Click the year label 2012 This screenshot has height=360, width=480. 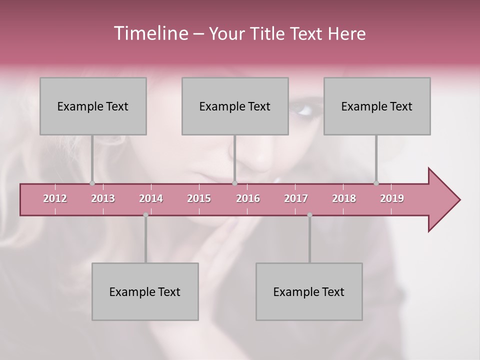pos(55,198)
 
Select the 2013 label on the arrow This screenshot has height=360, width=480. pos(103,198)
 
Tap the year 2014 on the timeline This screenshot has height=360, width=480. pos(151,198)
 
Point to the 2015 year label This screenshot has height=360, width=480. pos(199,198)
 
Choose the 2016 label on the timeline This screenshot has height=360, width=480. pos(248,198)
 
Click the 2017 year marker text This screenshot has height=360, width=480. pos(296,198)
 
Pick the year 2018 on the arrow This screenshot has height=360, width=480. pos(344,198)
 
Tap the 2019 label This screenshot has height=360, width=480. pos(392,198)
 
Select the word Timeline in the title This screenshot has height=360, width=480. pos(150,33)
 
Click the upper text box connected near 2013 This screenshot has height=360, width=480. pos(93,106)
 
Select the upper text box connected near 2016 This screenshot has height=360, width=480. pos(235,106)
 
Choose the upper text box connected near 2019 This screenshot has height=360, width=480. pos(377,106)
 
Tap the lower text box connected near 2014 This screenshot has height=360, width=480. pos(145,291)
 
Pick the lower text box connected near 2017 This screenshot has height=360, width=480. pos(309,291)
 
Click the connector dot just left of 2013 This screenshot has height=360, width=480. pos(92,183)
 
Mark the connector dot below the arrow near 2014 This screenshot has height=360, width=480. pos(145,215)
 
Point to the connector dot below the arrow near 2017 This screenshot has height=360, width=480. pos(309,215)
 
